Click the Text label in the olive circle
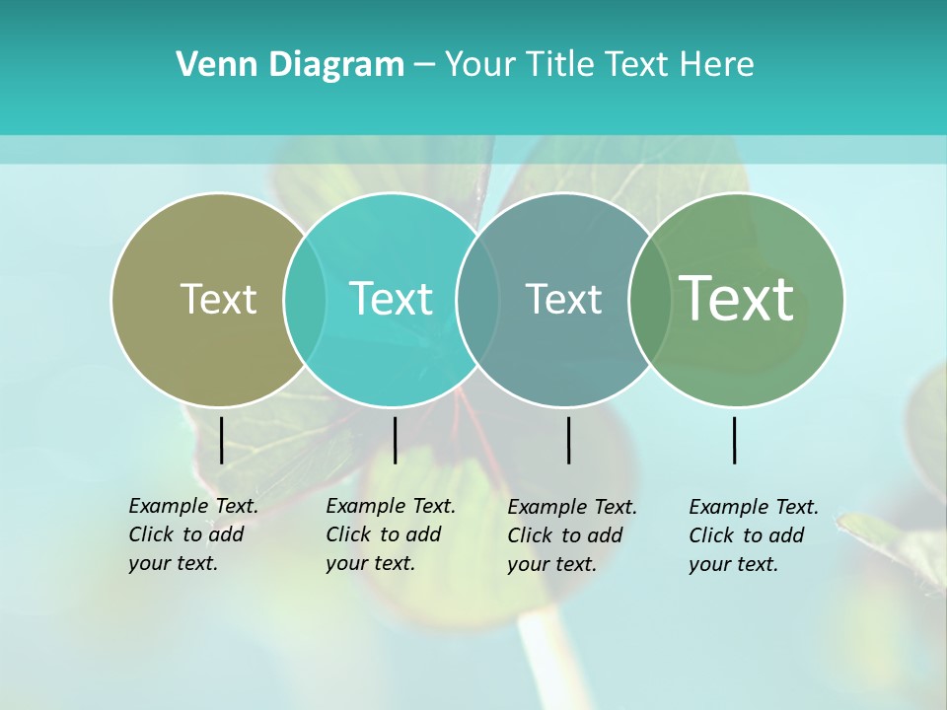[218, 299]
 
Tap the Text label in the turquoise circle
[392, 299]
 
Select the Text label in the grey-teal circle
[563, 299]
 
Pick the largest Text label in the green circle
[737, 298]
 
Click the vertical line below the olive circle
[221, 440]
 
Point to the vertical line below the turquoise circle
[395, 440]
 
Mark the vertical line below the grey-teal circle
[568, 440]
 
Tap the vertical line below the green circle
[734, 440]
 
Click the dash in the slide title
[424, 65]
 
